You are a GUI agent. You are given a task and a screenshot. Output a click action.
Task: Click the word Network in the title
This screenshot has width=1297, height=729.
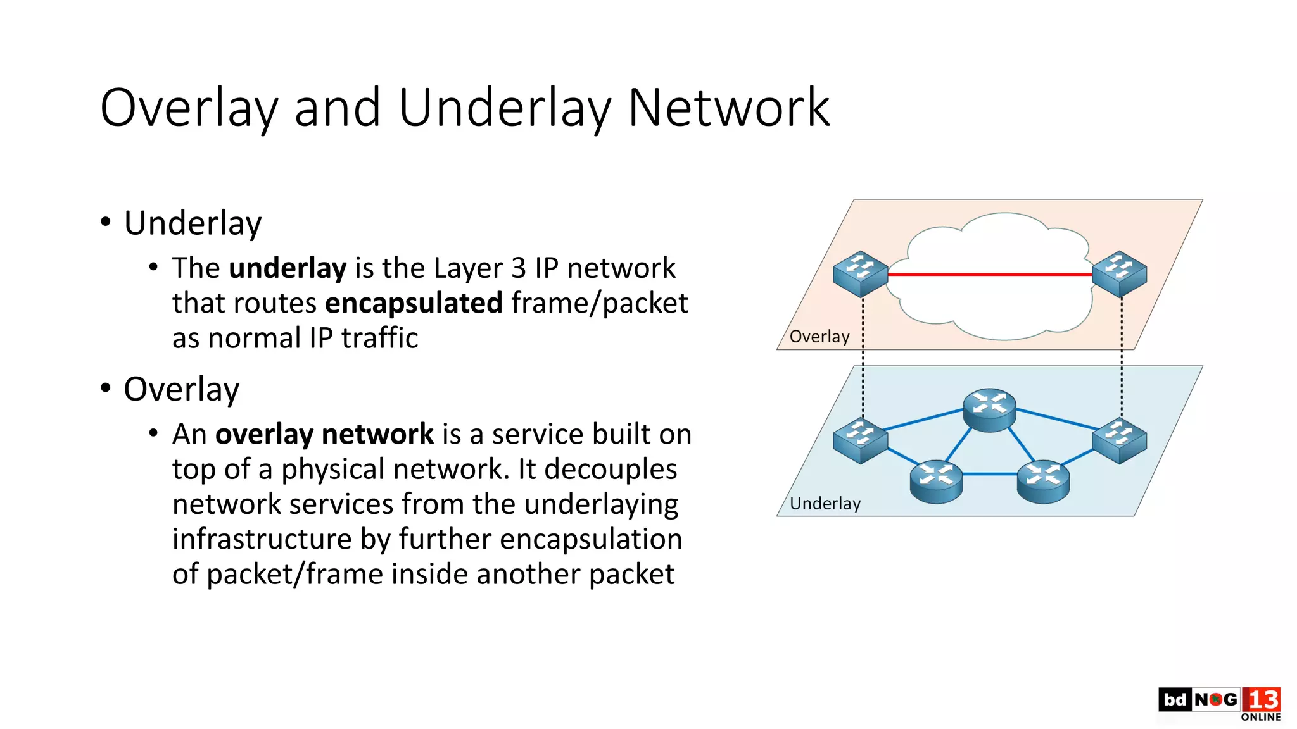click(728, 108)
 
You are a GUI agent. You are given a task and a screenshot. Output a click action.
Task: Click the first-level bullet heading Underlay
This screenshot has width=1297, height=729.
click(193, 223)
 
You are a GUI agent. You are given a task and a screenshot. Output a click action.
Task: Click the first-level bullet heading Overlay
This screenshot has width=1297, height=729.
click(181, 389)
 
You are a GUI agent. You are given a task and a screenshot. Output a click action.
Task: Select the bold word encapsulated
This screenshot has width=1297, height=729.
click(414, 303)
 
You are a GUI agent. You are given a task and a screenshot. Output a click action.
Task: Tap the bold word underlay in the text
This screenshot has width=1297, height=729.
click(288, 268)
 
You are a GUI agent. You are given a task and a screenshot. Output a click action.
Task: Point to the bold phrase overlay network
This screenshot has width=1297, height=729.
click(324, 435)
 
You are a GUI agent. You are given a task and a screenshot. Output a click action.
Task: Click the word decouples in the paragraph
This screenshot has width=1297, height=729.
click(611, 470)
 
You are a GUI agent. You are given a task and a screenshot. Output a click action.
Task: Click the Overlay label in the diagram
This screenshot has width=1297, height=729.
click(819, 337)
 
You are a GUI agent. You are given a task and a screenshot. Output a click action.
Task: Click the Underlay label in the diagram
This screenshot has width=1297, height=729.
click(825, 504)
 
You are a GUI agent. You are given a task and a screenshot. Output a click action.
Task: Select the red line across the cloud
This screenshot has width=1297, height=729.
click(989, 275)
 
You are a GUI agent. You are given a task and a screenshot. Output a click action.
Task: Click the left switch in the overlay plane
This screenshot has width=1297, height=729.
click(860, 274)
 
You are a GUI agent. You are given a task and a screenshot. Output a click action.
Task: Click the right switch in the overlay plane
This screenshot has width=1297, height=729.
click(1120, 274)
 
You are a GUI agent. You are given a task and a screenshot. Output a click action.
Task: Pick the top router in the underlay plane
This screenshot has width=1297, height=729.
click(989, 409)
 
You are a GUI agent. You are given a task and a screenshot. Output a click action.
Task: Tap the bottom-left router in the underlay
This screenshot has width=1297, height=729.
click(936, 482)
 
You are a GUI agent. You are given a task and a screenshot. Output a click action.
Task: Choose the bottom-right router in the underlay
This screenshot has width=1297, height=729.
click(1043, 482)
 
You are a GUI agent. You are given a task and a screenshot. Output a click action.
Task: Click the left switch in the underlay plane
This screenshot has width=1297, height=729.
click(860, 441)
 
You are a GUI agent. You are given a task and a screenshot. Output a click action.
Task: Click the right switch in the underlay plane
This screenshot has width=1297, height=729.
click(1120, 441)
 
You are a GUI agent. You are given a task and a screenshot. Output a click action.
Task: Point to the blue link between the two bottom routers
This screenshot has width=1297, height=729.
click(989, 474)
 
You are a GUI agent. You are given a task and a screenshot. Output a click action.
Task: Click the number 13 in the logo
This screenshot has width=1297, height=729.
click(1262, 700)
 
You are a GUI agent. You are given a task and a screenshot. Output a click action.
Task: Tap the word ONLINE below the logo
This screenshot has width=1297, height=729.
click(1260, 717)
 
